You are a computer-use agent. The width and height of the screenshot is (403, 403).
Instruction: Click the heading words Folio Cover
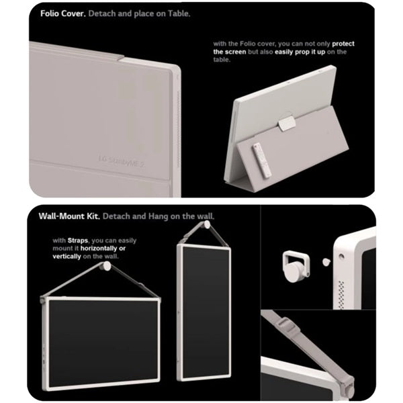(x=63, y=13)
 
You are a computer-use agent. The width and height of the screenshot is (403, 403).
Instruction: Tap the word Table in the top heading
(x=179, y=13)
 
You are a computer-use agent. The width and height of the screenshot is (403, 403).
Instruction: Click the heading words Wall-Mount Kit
(x=69, y=216)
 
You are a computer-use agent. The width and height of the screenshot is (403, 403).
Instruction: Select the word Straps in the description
(x=78, y=240)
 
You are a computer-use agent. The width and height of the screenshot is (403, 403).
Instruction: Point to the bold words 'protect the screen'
(x=283, y=48)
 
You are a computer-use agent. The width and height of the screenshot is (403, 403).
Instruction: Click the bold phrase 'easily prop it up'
(x=300, y=52)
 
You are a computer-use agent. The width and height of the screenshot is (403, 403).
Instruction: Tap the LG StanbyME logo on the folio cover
(x=122, y=161)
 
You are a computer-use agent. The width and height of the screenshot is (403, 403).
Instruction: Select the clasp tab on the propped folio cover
(x=287, y=123)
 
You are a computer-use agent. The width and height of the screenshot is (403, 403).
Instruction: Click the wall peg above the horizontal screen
(x=105, y=266)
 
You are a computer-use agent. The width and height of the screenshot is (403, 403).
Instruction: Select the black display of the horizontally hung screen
(x=103, y=343)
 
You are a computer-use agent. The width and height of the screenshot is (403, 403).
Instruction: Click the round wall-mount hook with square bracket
(x=296, y=267)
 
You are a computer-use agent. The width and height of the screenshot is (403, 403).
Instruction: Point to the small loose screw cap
(x=326, y=262)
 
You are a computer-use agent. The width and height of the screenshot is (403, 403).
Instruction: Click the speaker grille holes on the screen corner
(x=341, y=295)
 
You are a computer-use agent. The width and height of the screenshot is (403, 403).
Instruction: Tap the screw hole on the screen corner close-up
(x=341, y=257)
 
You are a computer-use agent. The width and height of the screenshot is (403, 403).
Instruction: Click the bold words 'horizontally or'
(x=103, y=249)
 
